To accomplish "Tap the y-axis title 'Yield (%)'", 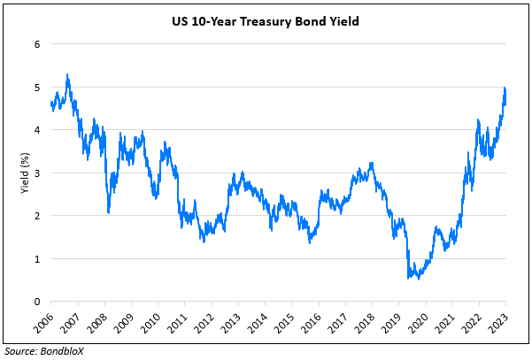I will [x=24, y=172].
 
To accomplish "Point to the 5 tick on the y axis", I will [x=37, y=88].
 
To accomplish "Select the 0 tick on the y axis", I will [x=37, y=302].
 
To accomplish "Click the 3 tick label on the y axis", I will [x=37, y=173].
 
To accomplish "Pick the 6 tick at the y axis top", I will [x=37, y=44].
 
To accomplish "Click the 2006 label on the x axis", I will [x=47, y=322].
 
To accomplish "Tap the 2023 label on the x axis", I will [x=502, y=322].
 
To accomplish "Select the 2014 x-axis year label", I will [x=261, y=322].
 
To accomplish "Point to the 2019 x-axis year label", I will [x=395, y=322].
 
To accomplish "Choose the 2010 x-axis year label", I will [x=154, y=322].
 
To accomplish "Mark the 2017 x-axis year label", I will [x=342, y=322].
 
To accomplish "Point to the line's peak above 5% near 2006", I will [x=68, y=75].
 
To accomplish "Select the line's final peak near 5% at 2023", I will [x=505, y=88].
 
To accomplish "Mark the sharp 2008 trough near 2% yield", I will [x=109, y=212].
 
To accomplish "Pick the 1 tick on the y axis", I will [x=37, y=258].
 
